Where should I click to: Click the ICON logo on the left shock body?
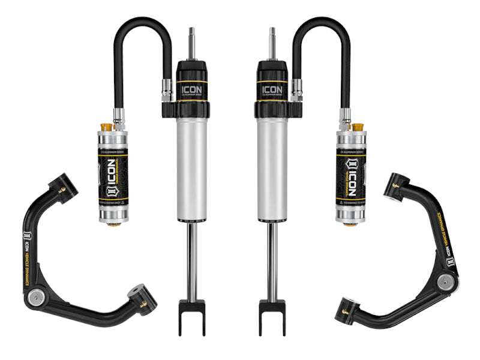192,90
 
